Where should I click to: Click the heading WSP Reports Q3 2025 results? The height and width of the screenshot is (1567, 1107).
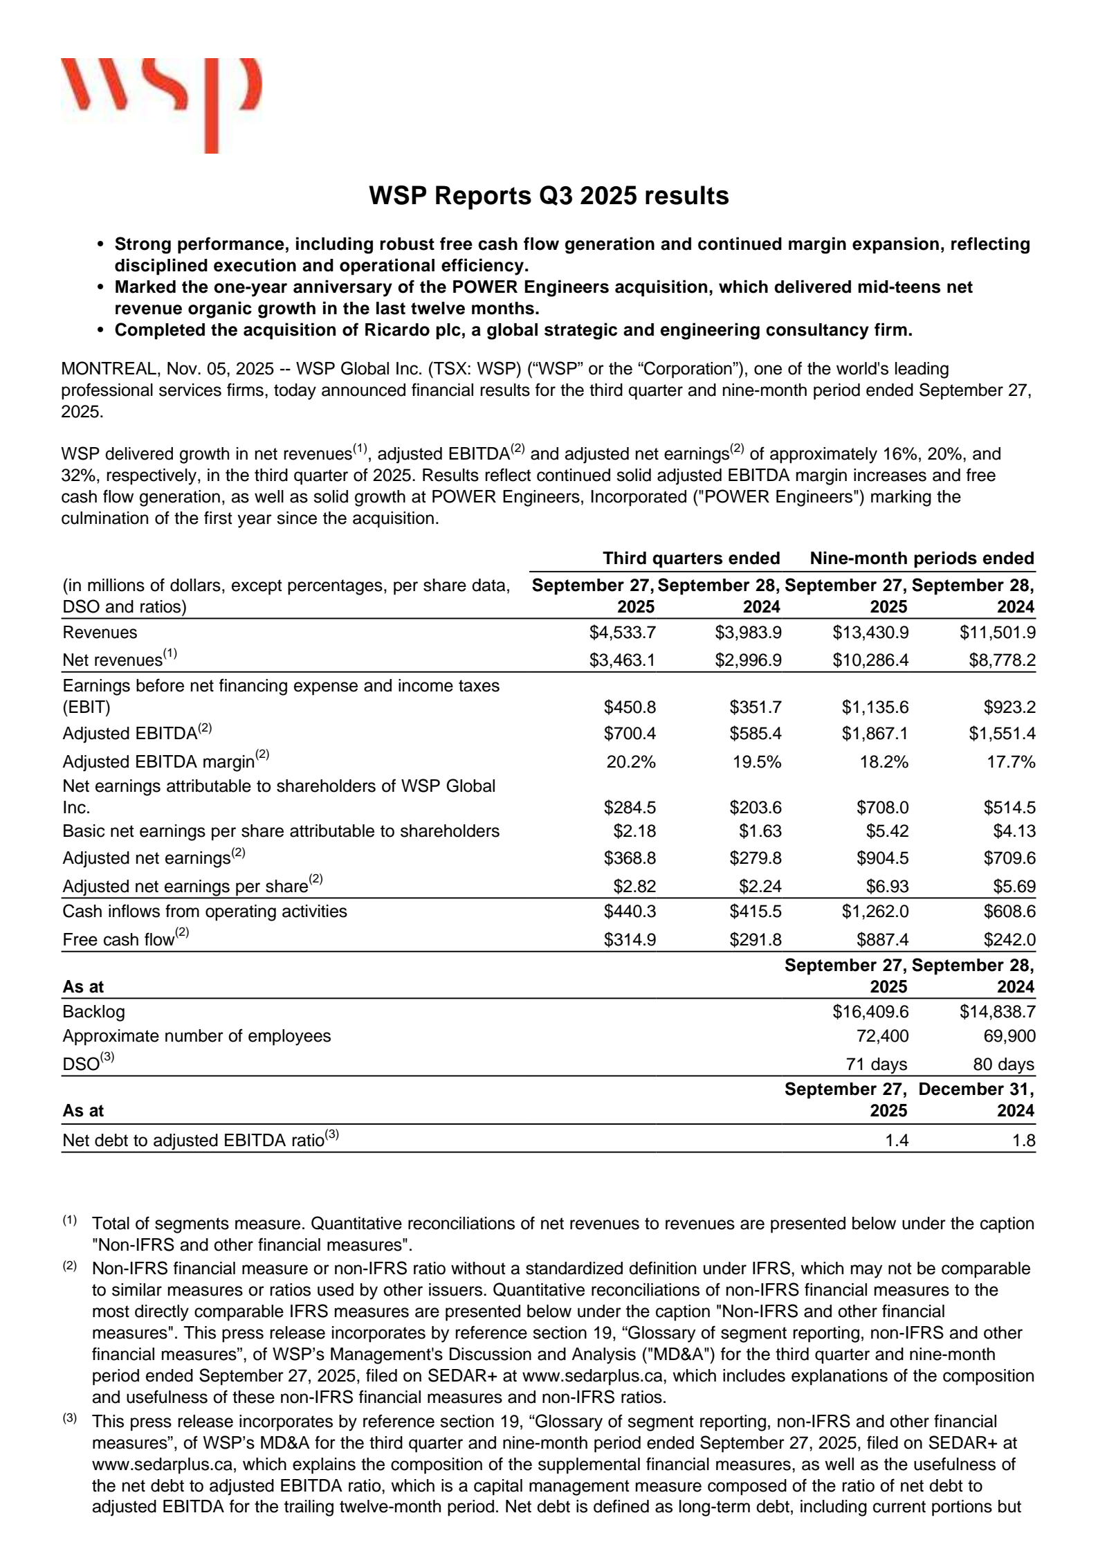coord(549,196)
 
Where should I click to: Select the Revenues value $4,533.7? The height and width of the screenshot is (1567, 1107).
coord(622,632)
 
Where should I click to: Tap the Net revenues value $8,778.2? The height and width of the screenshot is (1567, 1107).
coord(1001,660)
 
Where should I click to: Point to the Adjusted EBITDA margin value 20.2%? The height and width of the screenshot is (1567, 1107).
coord(630,761)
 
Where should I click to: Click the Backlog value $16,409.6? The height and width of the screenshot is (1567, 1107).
coord(870,1012)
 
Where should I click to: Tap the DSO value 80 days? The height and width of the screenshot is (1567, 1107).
coord(1003,1064)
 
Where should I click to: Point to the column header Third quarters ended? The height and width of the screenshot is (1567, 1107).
coord(690,558)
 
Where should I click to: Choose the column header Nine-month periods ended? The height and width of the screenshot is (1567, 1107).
coord(922,558)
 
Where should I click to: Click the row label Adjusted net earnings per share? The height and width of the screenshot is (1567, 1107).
coord(185,886)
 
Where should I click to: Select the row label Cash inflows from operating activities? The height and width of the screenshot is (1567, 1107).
coord(205,911)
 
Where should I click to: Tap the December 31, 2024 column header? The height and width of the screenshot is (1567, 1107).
coord(976,1100)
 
